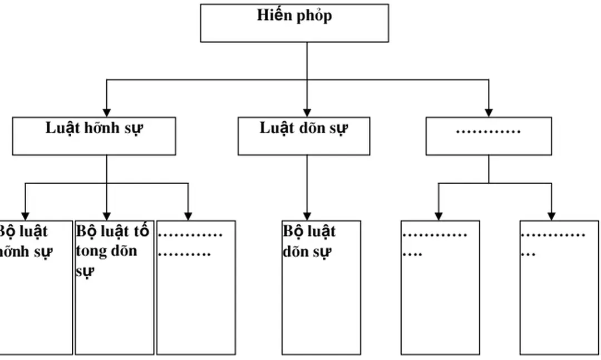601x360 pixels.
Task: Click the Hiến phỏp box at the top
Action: (x=294, y=23)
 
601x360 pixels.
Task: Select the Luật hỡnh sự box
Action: (x=94, y=136)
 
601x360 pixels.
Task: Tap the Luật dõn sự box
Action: (x=304, y=136)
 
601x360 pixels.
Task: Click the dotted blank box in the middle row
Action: (x=489, y=136)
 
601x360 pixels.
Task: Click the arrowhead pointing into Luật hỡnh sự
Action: (x=107, y=113)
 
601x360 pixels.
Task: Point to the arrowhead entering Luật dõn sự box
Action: (x=307, y=113)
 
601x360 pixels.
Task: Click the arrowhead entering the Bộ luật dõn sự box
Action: (x=307, y=216)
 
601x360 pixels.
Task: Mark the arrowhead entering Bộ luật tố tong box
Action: (x=107, y=216)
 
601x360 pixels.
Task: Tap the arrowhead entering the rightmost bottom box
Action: (x=551, y=216)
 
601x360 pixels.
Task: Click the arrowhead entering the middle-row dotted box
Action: (x=489, y=113)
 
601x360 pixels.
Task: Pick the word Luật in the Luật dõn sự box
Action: (x=277, y=128)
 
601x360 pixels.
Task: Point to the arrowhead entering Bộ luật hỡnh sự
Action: (x=25, y=216)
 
